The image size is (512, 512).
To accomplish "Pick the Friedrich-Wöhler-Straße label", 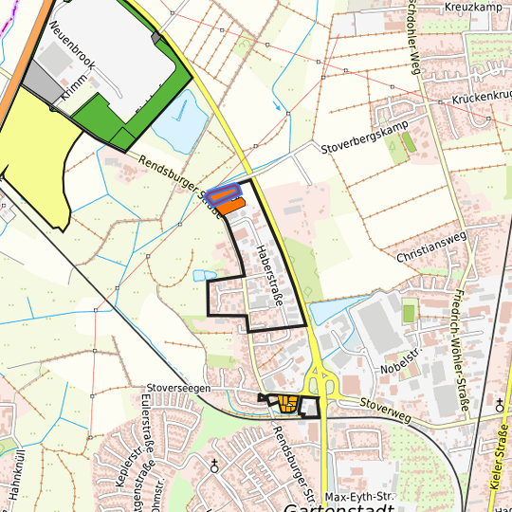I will [x=462, y=352].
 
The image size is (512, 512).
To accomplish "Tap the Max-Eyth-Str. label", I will [x=358, y=497].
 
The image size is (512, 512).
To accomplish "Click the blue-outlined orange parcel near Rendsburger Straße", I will [x=224, y=195].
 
